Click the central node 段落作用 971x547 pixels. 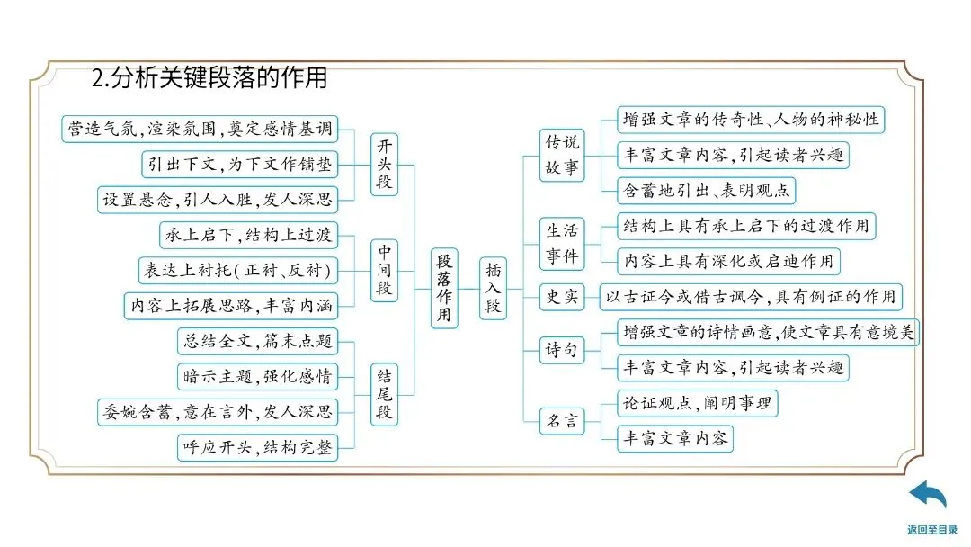444,287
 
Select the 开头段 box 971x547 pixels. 384,165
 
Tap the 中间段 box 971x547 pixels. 384,270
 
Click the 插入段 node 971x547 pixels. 494,287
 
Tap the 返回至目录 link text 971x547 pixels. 932,530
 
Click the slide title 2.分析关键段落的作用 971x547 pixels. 209,79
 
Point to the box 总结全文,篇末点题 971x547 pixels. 258,341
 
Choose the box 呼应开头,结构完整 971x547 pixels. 258,447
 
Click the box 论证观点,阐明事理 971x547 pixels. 697,403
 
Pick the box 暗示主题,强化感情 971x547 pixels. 258,376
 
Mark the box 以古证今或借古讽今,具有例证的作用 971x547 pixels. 750,297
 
